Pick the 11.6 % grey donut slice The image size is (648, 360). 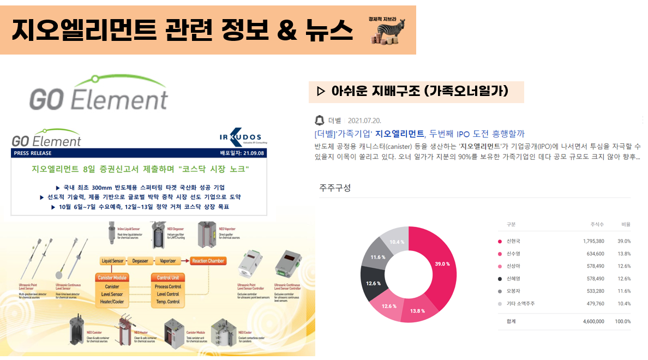coord(375,257)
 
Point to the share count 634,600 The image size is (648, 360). coord(593,254)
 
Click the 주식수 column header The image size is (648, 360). coord(597,224)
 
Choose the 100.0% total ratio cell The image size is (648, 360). coord(622,321)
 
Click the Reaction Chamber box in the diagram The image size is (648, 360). coord(208,261)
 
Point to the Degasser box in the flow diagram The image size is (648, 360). coord(138,261)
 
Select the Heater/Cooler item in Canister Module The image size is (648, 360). coord(112,302)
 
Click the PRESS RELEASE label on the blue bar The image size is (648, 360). coord(33,153)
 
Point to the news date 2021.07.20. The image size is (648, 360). coord(364,120)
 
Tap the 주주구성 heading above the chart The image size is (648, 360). coord(335,188)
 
